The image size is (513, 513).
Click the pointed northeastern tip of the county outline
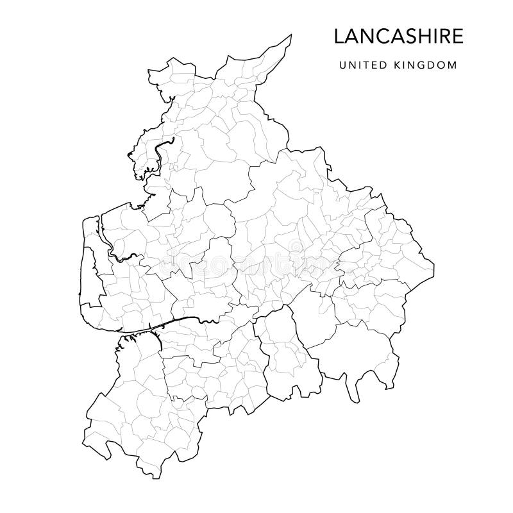pyautogui.click(x=291, y=35)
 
